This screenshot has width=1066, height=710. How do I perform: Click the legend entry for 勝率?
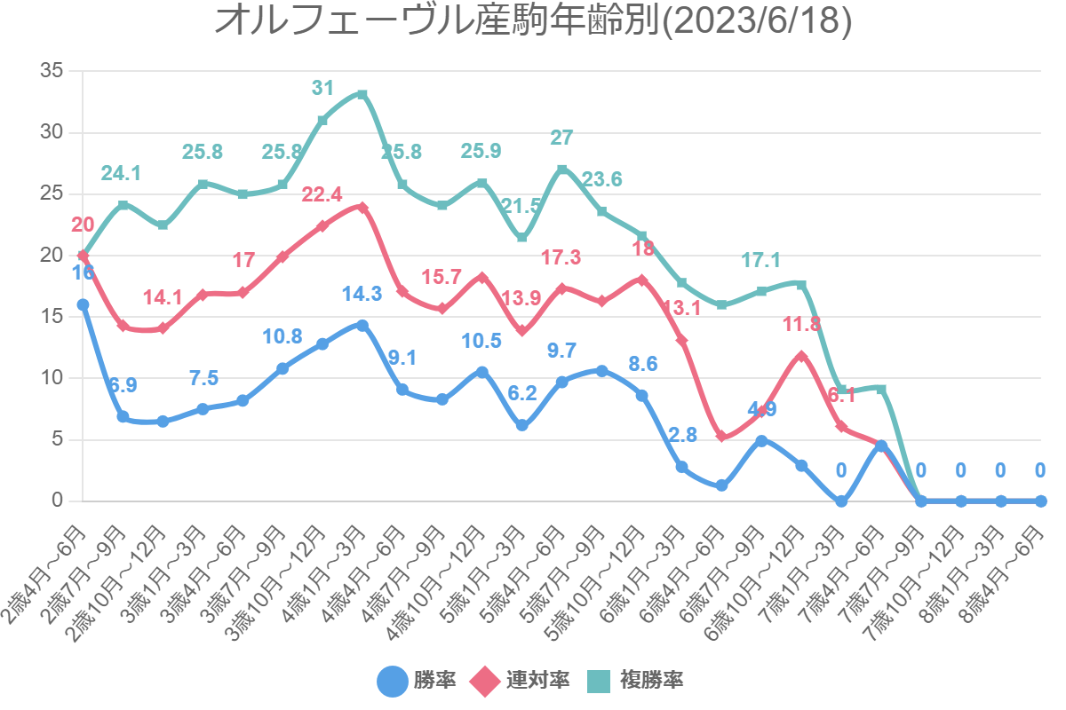(x=417, y=681)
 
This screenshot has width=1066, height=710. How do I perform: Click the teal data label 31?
(x=322, y=88)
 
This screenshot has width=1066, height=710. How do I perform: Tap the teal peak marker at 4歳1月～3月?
(x=362, y=94)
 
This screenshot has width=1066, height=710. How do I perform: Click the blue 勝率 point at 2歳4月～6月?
(x=83, y=304)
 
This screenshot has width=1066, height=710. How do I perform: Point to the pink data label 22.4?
(x=322, y=194)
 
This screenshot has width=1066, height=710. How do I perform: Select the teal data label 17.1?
(x=761, y=259)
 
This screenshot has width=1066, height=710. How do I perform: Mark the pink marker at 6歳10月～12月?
(x=801, y=356)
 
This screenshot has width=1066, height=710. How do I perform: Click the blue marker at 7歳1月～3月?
(x=841, y=501)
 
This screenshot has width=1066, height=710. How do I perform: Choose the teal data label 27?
(x=561, y=138)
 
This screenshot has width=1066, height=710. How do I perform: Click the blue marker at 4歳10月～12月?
(x=482, y=372)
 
